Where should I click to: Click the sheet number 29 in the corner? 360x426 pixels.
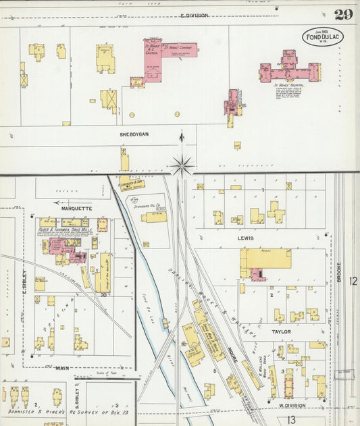point(342,14)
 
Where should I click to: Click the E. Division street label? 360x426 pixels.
point(195,15)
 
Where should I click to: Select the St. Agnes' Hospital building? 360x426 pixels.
point(289,69)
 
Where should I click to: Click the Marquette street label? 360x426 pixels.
point(76,209)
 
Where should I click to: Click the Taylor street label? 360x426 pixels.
point(281,331)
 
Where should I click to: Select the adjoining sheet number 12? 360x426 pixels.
point(353,279)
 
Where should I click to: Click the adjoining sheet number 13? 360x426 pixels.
point(291,419)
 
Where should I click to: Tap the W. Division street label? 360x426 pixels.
point(291,406)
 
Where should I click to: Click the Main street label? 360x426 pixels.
point(62,368)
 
